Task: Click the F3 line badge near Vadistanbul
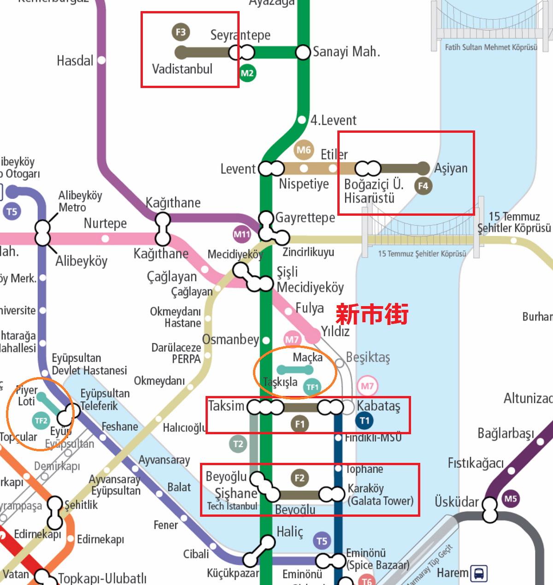pos(181,32)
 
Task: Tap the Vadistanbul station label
pos(182,69)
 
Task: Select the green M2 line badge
pos(247,73)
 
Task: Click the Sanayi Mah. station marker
pos(303,52)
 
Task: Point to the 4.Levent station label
pos(333,120)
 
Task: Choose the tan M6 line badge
pos(304,150)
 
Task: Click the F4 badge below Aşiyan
pos(423,186)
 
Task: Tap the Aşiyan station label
pos(451,168)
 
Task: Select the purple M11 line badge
pos(242,234)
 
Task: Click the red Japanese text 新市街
pos(372,314)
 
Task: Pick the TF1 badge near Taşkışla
pos(312,387)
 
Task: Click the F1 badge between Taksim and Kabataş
pos(300,424)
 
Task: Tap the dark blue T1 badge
pos(364,420)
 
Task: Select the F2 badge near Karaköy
pos(300,478)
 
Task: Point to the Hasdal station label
pos(75,61)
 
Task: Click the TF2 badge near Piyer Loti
pos(41,420)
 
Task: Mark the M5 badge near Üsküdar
pos(511,499)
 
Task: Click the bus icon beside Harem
pos(479,573)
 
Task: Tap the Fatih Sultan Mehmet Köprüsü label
pos(491,47)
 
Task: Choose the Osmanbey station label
pos(230,340)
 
